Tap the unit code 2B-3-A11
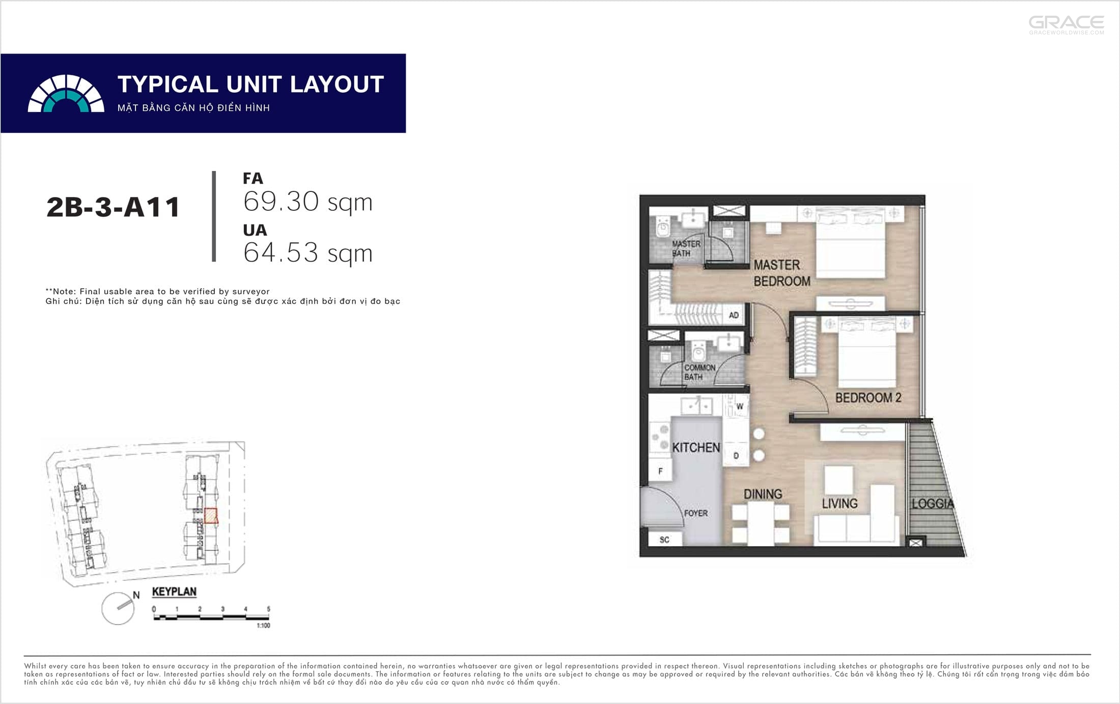coord(113,207)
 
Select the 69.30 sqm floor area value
coord(307,202)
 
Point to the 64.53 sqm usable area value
coord(307,252)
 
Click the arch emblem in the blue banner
coord(66,93)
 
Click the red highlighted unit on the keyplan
coord(211,516)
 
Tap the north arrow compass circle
coord(118,608)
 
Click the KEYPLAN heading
coord(174,592)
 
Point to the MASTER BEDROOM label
coord(781,273)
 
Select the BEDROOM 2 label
coord(868,398)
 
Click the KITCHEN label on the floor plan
coord(696,447)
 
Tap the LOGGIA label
coord(932,503)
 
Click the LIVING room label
coord(839,503)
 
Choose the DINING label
coord(763,494)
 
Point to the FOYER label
coord(696,513)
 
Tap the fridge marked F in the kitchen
coord(660,471)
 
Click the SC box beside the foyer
coord(664,539)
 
